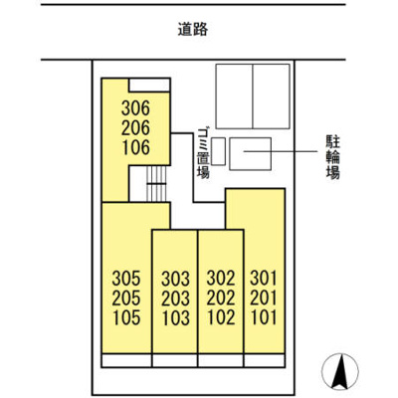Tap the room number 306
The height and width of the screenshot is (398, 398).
tap(135, 107)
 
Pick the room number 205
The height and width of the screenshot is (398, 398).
tap(127, 298)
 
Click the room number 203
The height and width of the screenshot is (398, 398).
tap(174, 298)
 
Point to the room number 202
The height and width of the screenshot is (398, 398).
tap(220, 298)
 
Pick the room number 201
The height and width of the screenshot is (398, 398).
tap(264, 298)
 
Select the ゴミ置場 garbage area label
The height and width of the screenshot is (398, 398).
tap(203, 153)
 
